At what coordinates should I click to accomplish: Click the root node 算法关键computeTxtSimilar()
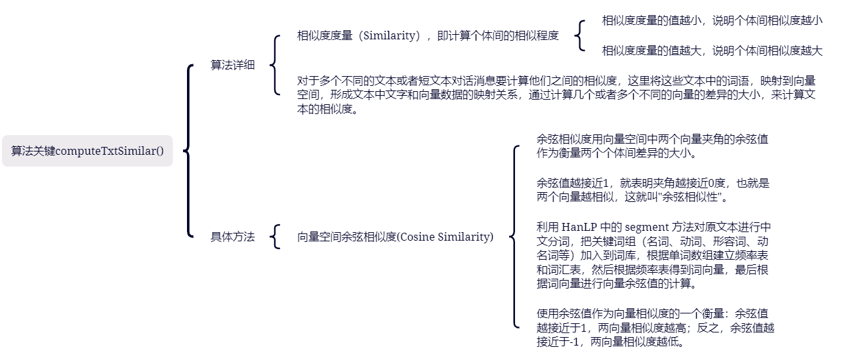tap(87, 151)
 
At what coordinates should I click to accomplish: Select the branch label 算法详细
tap(232, 65)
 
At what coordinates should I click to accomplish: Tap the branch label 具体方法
tap(232, 237)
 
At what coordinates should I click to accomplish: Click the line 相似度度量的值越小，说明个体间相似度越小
tap(712, 20)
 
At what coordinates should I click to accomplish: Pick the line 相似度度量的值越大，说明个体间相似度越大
tap(712, 50)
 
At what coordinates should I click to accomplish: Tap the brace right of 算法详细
tap(274, 65)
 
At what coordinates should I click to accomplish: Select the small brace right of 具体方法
tap(276, 237)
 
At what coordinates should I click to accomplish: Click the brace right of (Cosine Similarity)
tap(515, 237)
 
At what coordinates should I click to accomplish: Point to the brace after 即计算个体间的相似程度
tap(579, 35)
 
